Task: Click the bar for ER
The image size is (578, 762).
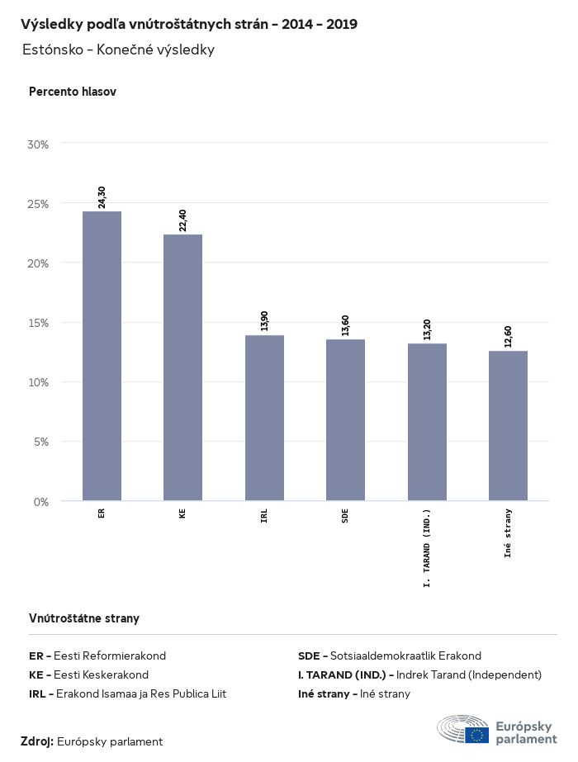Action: coord(102,356)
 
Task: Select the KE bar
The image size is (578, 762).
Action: coord(182,367)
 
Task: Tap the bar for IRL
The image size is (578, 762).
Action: coord(264,418)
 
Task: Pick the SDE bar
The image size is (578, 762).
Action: coord(345,419)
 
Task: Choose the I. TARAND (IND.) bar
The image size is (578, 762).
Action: coord(427,422)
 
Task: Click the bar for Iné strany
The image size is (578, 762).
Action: coord(508,425)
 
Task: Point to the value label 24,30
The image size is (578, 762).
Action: coord(102,197)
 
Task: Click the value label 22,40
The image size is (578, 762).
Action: coord(182,220)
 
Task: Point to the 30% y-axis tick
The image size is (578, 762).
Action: coord(38,144)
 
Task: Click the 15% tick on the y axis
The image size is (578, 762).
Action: coord(38,323)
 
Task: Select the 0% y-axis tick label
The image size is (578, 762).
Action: coord(41,501)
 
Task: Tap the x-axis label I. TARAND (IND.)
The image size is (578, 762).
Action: coord(427,547)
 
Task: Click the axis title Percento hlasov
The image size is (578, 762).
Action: coord(73,92)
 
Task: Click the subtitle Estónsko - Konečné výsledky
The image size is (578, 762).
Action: coord(119,50)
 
